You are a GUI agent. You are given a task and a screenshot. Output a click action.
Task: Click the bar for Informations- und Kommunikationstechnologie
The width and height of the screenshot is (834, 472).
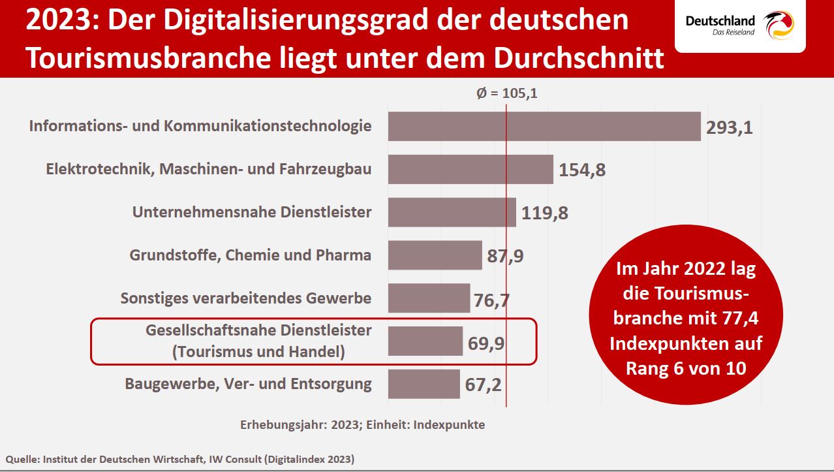pyautogui.click(x=544, y=126)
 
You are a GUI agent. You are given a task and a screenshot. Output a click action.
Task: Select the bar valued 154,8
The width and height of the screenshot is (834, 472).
pyautogui.click(x=471, y=169)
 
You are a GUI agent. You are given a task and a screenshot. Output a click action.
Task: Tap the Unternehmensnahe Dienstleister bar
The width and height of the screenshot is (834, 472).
pyautogui.click(x=452, y=212)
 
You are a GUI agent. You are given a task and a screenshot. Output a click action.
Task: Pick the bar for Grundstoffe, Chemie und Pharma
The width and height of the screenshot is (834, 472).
pyautogui.click(x=435, y=255)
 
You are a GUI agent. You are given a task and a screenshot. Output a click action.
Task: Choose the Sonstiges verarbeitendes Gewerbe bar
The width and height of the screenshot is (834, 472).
pyautogui.click(x=429, y=298)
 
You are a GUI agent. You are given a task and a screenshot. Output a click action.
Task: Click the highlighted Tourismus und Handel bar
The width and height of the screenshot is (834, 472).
pyautogui.click(x=425, y=341)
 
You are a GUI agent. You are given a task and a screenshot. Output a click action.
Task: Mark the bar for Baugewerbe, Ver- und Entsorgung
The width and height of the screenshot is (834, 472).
pyautogui.click(x=424, y=384)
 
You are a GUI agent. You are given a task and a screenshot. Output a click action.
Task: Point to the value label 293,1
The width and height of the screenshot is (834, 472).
pyautogui.click(x=730, y=127)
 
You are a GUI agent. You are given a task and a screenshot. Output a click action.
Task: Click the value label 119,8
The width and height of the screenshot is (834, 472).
pyautogui.click(x=545, y=213)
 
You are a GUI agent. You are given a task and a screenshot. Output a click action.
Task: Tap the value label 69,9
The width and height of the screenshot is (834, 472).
pyautogui.click(x=486, y=343)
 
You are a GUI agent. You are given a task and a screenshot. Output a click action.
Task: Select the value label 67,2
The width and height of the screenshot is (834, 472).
pyautogui.click(x=484, y=385)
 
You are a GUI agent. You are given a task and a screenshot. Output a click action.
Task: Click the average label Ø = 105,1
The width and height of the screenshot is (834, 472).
pyautogui.click(x=506, y=93)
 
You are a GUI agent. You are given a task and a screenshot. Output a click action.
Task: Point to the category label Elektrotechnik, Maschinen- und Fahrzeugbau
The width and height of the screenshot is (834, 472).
pyautogui.click(x=209, y=169)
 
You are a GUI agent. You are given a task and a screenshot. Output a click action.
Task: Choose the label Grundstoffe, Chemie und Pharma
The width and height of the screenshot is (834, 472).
pyautogui.click(x=251, y=255)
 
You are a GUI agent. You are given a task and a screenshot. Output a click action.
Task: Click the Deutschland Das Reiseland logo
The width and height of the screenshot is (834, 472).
pyautogui.click(x=739, y=26)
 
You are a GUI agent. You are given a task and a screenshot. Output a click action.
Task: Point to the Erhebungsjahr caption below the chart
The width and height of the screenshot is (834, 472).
pyautogui.click(x=362, y=424)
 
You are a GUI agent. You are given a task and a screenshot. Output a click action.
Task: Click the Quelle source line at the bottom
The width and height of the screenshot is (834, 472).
pyautogui.click(x=180, y=460)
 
